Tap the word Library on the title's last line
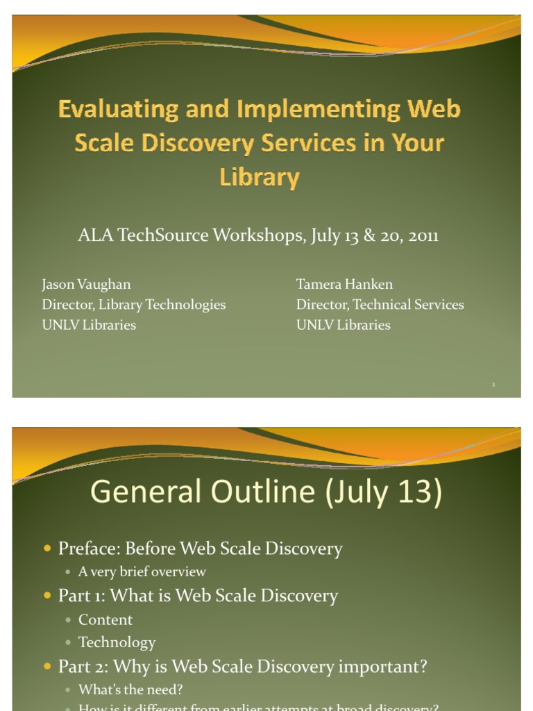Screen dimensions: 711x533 coord(260,177)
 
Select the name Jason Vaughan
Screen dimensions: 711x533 coord(86,284)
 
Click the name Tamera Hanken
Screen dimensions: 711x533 coord(344,284)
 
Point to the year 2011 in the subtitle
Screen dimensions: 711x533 coord(423,235)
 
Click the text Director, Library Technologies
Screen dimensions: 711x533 coord(133,304)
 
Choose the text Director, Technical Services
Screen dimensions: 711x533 coord(380,304)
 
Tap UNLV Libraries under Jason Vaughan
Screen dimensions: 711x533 coord(89,325)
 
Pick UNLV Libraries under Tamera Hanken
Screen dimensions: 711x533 coord(343,325)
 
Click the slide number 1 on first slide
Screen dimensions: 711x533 coord(493,385)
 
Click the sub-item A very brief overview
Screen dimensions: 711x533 coord(142,572)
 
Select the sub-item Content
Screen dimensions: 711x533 coord(105,619)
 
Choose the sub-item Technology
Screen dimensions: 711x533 coord(117,642)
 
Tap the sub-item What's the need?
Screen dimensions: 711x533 coord(130,689)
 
